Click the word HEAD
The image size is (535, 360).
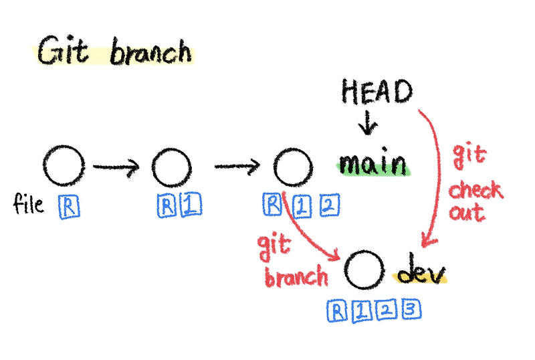(x=376, y=92)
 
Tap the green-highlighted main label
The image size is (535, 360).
(x=372, y=163)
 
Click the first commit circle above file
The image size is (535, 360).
(x=64, y=165)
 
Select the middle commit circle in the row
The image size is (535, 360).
(x=171, y=167)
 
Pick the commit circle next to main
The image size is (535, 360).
(x=292, y=166)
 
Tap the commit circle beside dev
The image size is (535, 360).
(x=365, y=269)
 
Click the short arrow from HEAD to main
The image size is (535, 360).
(x=368, y=123)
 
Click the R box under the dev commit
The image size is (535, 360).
(x=339, y=309)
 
